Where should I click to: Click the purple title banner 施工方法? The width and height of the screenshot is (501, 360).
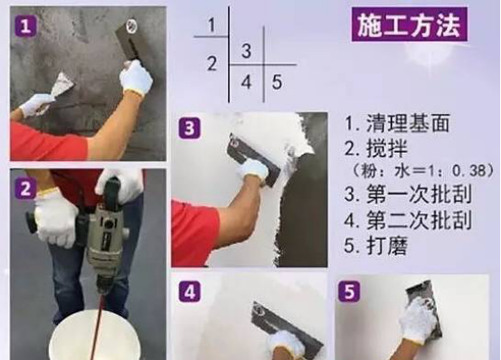pos(410,24)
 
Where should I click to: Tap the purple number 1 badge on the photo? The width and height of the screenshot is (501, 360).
pos(25,26)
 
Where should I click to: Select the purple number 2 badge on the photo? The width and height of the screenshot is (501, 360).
pos(25,189)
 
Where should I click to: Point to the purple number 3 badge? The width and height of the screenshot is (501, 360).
pos(190,128)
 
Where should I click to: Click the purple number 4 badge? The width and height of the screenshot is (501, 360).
pos(190,291)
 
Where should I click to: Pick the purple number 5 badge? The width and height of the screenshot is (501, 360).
pos(350,291)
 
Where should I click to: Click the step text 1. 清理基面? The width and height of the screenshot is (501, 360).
pos(397,123)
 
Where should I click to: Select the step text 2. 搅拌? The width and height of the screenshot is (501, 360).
pos(376,148)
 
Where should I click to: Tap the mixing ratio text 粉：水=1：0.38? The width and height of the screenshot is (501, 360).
pos(422,171)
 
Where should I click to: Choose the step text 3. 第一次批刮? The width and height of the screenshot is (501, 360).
pos(408,194)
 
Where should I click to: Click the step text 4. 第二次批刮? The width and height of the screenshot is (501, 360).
pos(408,220)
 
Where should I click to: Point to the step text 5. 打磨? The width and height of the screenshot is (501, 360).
pos(376,245)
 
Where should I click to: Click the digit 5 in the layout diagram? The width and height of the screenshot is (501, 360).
pos(277,81)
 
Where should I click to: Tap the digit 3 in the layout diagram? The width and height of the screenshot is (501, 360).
pos(246,51)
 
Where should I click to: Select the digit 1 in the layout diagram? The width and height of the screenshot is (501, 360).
pos(212,24)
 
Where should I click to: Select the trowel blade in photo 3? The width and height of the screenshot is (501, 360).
pos(254,159)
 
